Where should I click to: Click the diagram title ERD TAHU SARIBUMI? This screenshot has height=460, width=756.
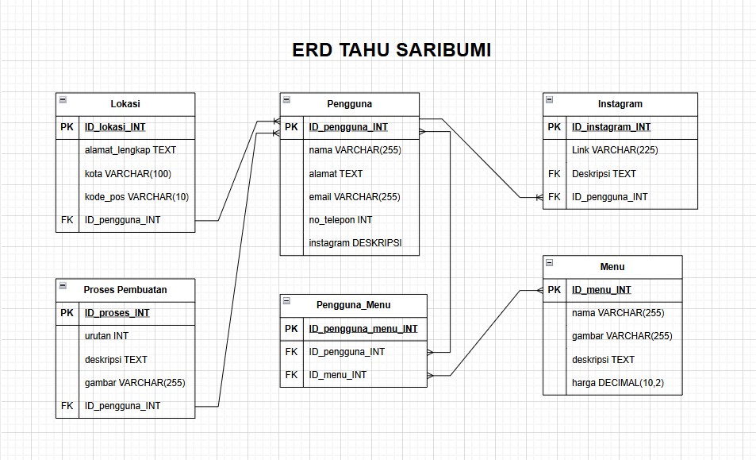[x=391, y=50]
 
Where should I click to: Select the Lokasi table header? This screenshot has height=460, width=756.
[x=125, y=104]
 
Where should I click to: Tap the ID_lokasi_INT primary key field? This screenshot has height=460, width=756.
[x=115, y=127]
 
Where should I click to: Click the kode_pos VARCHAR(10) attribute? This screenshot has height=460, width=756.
[x=136, y=197]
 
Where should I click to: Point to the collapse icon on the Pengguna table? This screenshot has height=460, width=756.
[x=286, y=100]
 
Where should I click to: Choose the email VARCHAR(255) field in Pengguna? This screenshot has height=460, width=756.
[x=355, y=197]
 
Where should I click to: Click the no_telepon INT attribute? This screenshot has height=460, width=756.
[x=340, y=220]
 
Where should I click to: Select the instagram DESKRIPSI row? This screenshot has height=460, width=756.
[x=354, y=243]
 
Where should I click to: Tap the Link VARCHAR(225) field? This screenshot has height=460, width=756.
[x=615, y=150]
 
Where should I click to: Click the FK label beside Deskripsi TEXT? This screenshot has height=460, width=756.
[x=555, y=174]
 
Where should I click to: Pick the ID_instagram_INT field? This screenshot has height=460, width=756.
[x=611, y=127]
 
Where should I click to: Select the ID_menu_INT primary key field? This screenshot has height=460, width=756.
[x=601, y=290]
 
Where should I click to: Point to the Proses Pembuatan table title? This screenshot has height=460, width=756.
[x=125, y=290]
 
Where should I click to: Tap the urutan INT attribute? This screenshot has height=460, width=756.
[x=106, y=336]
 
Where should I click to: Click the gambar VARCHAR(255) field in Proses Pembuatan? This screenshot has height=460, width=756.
[x=135, y=383]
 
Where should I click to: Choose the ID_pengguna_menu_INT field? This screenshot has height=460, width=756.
[x=363, y=329]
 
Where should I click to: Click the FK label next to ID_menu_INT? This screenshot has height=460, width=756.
[x=291, y=375]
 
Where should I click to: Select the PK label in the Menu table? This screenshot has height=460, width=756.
[x=555, y=290]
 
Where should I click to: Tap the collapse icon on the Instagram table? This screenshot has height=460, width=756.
[x=550, y=100]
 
